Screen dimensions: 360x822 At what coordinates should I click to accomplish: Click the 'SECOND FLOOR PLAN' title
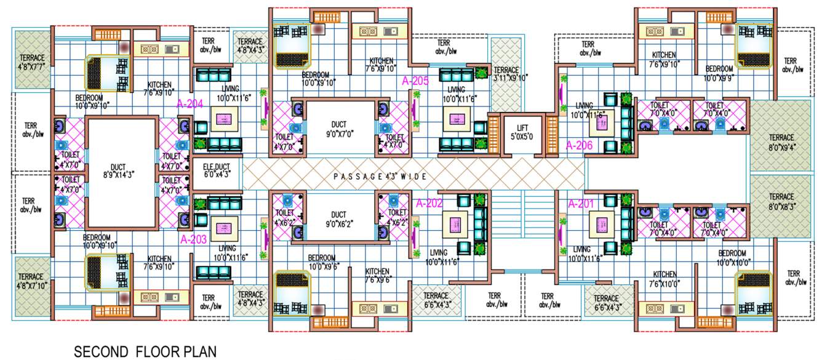coord(145,352)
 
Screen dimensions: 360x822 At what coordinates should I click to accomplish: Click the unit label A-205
coord(415,81)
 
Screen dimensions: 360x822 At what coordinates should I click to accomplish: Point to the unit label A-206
coord(579,146)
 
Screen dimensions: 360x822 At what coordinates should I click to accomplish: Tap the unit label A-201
coord(580,204)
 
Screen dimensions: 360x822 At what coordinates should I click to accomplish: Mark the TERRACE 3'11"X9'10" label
coord(506,74)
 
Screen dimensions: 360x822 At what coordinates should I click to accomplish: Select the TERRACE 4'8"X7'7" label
coord(31,62)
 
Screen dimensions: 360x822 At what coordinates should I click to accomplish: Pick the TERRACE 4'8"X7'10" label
coord(31,281)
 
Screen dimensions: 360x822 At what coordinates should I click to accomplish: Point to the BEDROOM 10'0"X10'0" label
coord(732,258)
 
